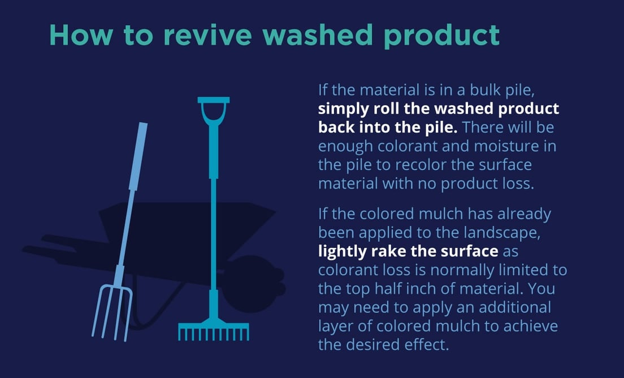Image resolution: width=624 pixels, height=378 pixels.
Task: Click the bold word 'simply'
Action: pyautogui.click(x=343, y=109)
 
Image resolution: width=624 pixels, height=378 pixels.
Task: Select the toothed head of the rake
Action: pyautogui.click(x=214, y=331)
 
